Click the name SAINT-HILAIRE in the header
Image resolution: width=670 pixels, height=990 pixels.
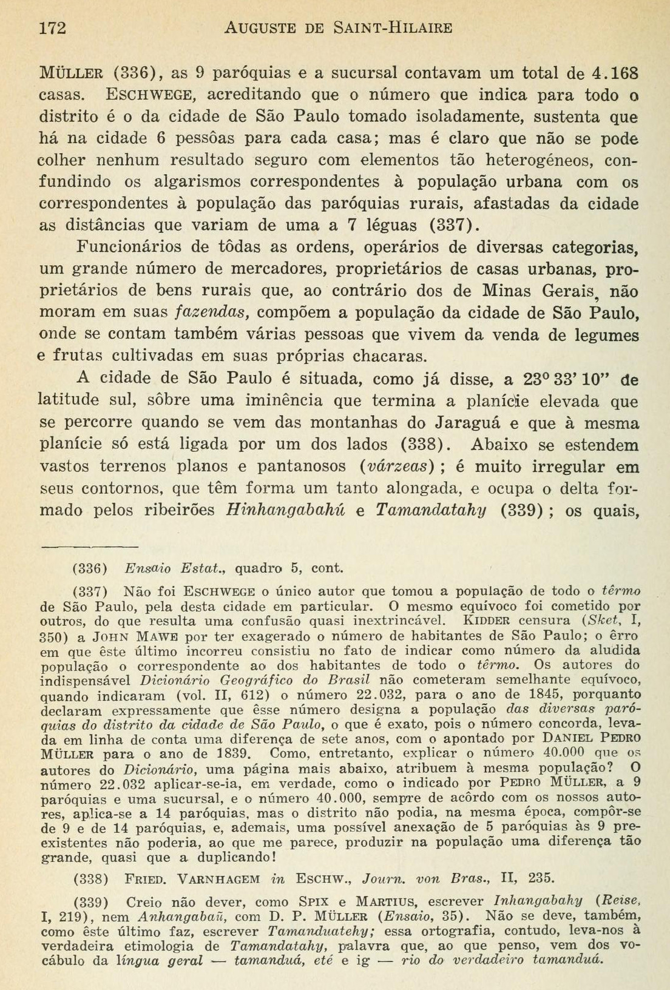click(393, 28)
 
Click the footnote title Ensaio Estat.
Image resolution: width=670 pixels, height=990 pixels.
click(174, 568)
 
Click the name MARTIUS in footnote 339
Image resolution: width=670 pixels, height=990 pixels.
click(388, 901)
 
